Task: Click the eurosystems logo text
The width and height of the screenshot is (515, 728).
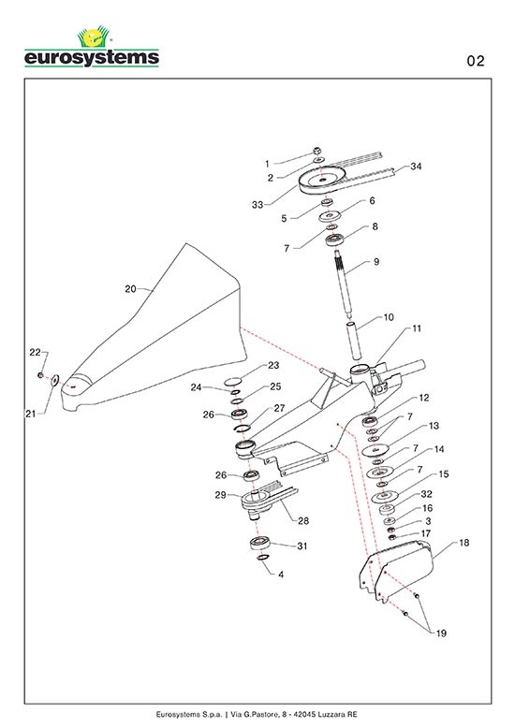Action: [x=92, y=58]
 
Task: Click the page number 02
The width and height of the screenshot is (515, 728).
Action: [x=476, y=61]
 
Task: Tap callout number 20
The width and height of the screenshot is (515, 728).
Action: [x=130, y=289]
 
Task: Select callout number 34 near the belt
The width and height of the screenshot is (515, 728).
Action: [x=416, y=167]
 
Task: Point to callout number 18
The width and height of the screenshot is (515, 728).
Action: [x=463, y=543]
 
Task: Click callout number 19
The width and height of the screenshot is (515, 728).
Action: [x=441, y=633]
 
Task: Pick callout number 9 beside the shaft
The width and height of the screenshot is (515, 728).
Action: [x=376, y=261]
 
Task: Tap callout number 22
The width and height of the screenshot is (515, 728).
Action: [x=35, y=353]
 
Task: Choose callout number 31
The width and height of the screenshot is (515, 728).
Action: [x=302, y=546]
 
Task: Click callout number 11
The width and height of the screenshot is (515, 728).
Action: [x=417, y=328]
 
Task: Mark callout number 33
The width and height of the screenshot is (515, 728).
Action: [x=257, y=205]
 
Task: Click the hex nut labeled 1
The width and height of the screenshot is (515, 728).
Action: [x=317, y=151]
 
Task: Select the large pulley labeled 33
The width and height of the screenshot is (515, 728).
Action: [x=322, y=180]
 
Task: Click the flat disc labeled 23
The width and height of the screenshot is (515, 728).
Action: [x=233, y=382]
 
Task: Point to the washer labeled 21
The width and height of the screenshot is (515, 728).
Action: [x=55, y=380]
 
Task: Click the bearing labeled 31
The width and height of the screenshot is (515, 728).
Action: [x=260, y=543]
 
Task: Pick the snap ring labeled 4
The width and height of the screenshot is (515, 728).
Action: [x=263, y=557]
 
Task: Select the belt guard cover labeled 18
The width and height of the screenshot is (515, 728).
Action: [x=397, y=573]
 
